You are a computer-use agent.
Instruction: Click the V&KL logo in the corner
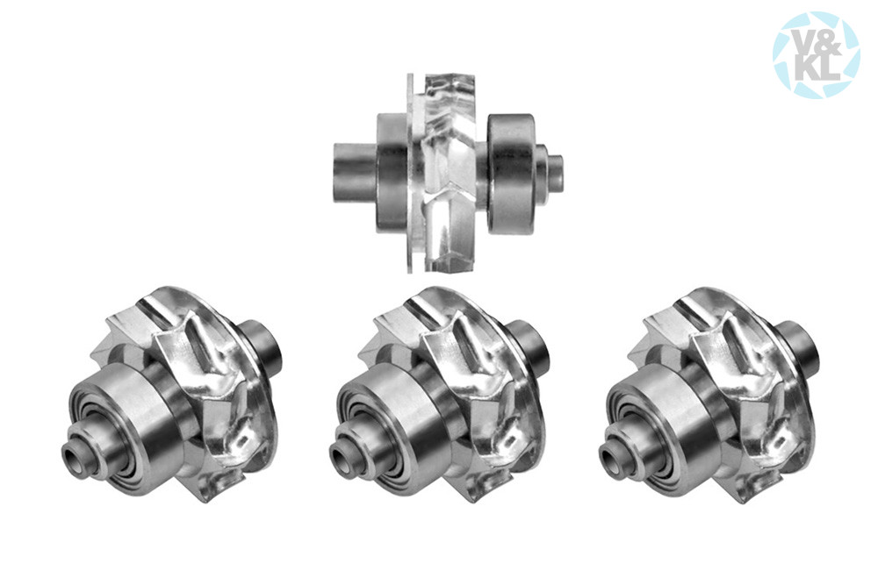click(x=816, y=54)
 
